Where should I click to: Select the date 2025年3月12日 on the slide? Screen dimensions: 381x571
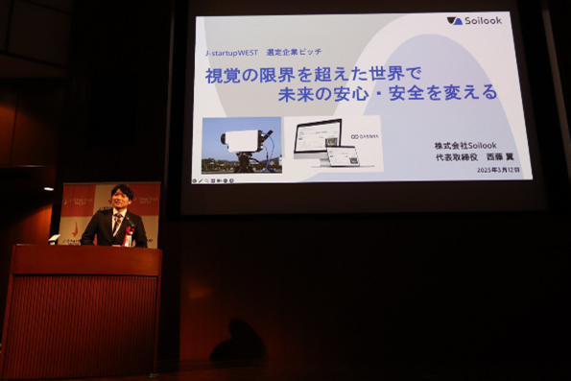point(499,169)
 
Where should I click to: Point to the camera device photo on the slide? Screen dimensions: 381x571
point(242,144)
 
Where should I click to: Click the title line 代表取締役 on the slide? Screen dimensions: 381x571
point(455,157)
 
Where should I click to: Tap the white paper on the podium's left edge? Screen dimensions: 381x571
point(55,239)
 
